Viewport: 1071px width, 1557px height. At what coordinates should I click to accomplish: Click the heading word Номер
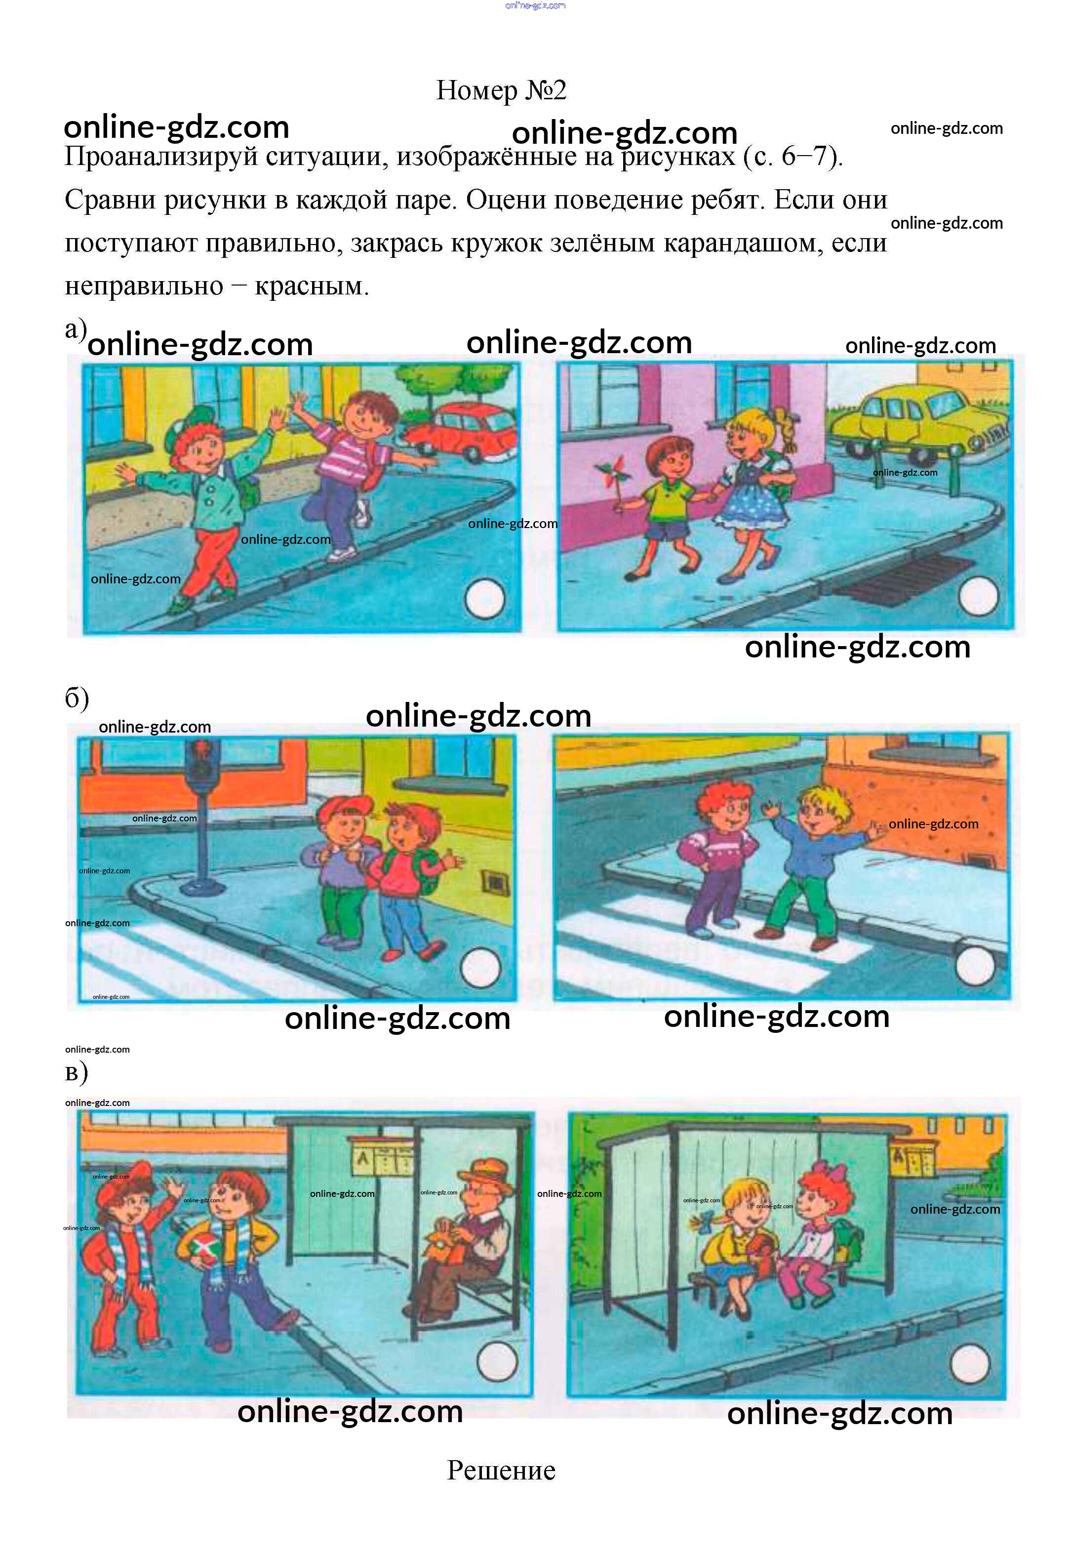(x=477, y=90)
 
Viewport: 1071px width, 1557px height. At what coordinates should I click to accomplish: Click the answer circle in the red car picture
(x=484, y=599)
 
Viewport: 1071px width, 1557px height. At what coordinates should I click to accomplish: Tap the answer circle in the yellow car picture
(x=978, y=595)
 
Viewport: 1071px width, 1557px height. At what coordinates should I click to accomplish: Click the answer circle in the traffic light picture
(x=480, y=968)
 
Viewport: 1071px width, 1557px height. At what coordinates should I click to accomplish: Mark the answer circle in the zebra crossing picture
(x=974, y=966)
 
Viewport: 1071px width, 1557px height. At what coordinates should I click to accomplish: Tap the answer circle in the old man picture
(x=497, y=1361)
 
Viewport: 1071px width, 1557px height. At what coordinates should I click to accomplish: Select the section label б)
(x=77, y=698)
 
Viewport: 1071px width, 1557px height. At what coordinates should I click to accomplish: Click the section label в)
(x=76, y=1072)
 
